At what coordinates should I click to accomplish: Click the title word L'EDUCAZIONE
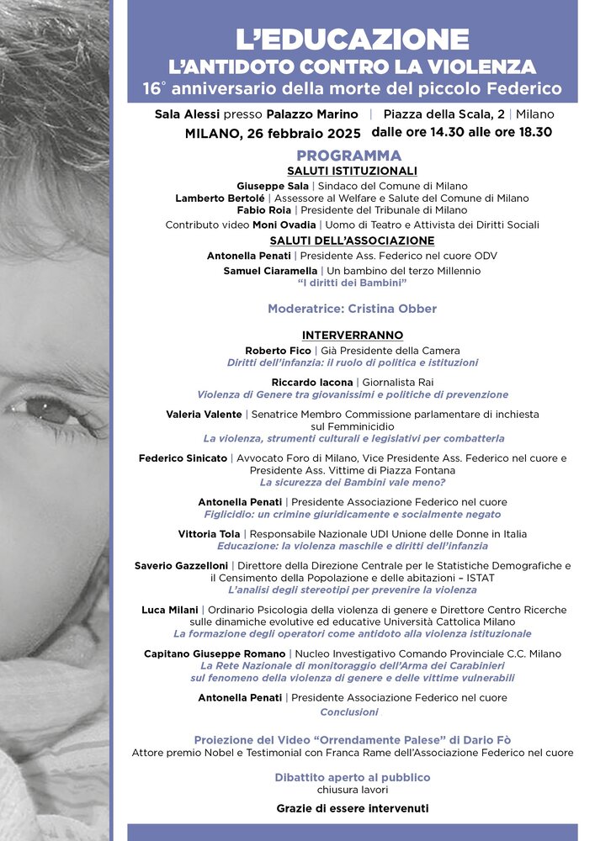tap(352, 39)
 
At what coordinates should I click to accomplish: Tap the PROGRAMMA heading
tap(348, 156)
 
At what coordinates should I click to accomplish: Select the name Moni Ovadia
tap(288, 225)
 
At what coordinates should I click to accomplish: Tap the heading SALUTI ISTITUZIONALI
tap(353, 171)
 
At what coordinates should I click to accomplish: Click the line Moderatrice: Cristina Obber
tap(352, 309)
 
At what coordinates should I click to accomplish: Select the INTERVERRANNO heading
tap(353, 336)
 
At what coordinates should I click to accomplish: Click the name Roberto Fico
tap(278, 350)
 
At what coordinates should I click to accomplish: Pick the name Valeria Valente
tap(204, 414)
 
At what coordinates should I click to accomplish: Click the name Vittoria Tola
tap(210, 534)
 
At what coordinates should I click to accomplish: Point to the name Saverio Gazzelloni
tap(181, 566)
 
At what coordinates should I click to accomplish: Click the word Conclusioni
tap(349, 711)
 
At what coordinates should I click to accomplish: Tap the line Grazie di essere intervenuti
tap(352, 808)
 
